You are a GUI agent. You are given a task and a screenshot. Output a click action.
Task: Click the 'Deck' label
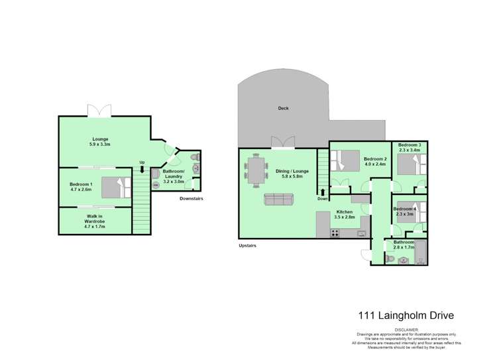(283, 108)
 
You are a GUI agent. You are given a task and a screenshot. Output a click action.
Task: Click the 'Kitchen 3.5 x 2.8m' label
(345, 213)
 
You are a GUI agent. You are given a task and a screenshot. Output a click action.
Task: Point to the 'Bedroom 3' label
(409, 145)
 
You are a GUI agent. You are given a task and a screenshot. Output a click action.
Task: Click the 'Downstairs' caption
(193, 198)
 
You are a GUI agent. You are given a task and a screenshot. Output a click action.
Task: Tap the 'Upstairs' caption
(247, 245)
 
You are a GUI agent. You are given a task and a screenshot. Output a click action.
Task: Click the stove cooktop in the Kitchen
(335, 233)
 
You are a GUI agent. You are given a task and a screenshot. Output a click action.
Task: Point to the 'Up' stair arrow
(141, 168)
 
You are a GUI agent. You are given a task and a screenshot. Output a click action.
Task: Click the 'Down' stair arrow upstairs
(323, 193)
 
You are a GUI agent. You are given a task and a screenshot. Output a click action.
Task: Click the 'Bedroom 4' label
(405, 210)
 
